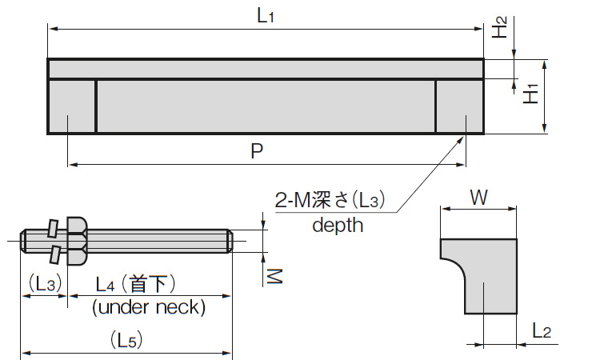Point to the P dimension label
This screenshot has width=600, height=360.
[257, 151]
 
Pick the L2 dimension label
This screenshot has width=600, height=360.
[542, 330]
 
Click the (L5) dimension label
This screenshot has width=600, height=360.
[126, 340]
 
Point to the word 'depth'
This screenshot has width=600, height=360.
[338, 225]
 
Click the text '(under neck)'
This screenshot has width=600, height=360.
[149, 306]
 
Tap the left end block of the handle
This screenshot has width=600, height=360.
[72, 106]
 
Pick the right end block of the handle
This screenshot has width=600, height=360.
[459, 106]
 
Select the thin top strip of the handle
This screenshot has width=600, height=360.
[266, 69]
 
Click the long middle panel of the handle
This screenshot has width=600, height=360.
[266, 106]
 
